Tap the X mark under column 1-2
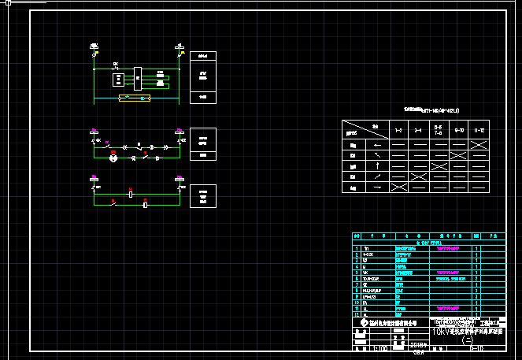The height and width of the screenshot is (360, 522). (x=398, y=188)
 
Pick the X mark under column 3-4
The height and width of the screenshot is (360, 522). (x=419, y=188)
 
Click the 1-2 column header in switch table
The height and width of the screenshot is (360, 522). (x=398, y=129)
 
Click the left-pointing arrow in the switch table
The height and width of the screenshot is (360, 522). (x=378, y=145)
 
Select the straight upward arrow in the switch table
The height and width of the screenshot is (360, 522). (x=378, y=166)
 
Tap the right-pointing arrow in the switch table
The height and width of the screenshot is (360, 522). (x=378, y=188)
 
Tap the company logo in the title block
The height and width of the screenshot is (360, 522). (x=363, y=323)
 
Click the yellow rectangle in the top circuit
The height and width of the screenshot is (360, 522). (x=134, y=98)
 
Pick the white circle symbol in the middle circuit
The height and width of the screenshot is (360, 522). (x=113, y=158)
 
